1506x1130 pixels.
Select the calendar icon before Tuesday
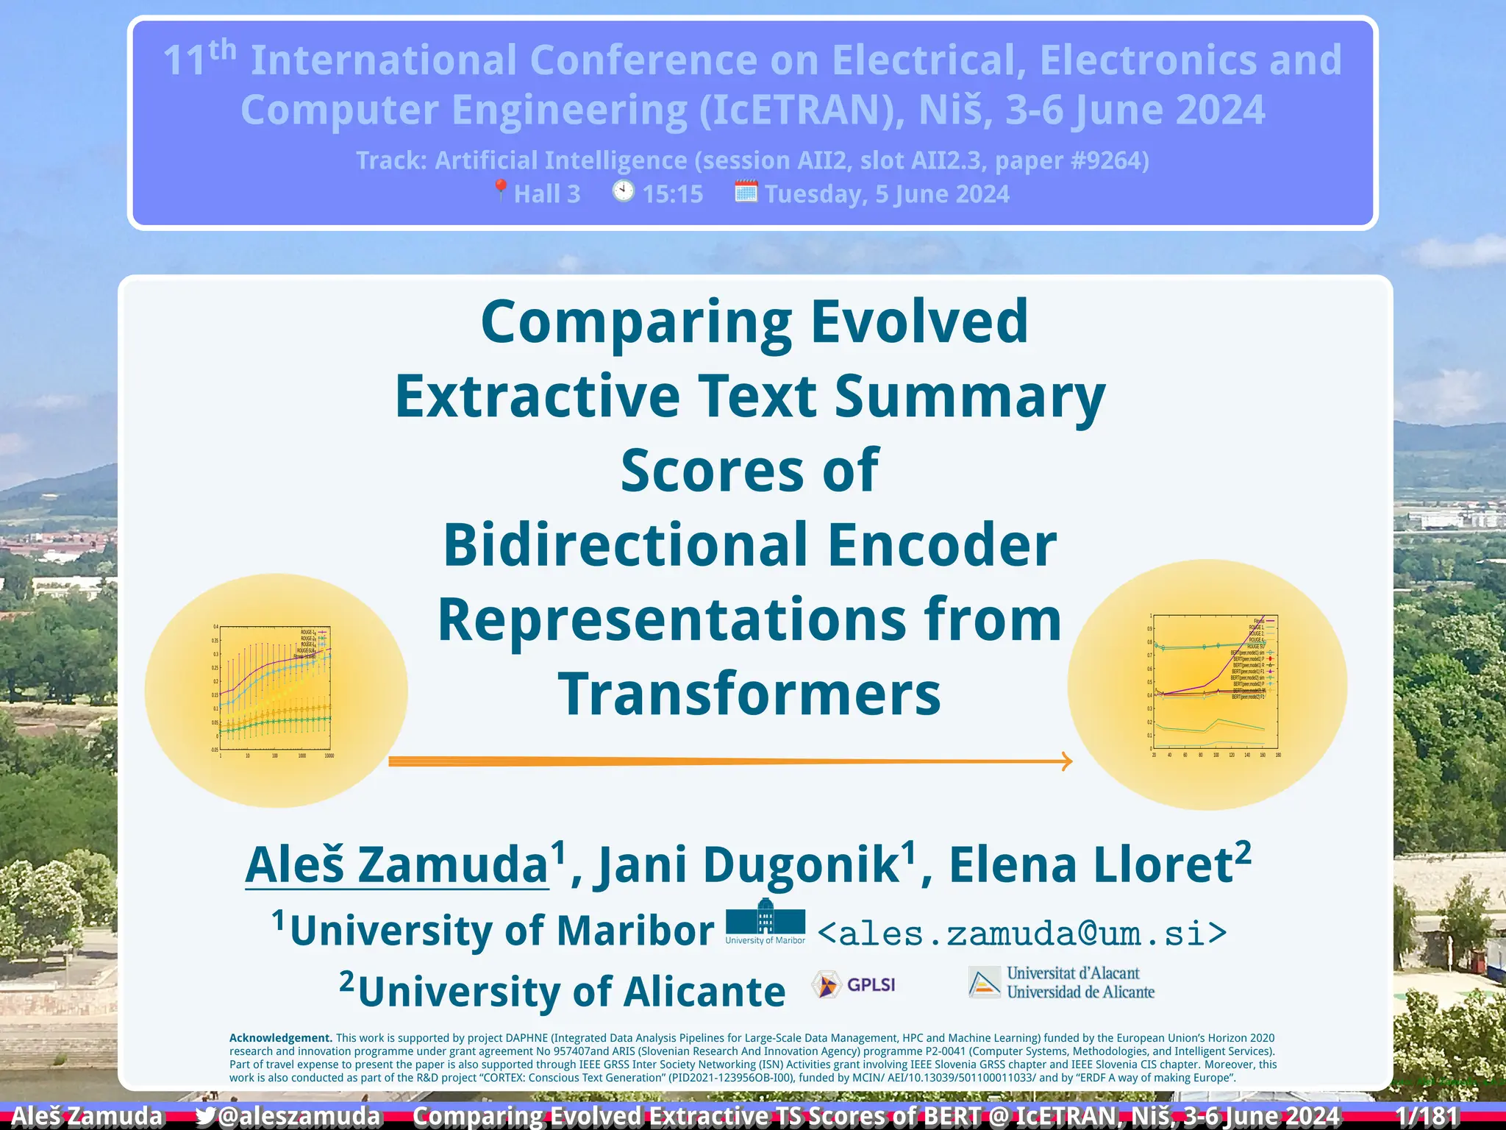(746, 192)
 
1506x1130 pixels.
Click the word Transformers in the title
(749, 694)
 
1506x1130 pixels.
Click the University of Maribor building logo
(765, 917)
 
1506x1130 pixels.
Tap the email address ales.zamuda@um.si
(1022, 934)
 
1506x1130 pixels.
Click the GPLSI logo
(853, 984)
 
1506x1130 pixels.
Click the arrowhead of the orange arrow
(1066, 761)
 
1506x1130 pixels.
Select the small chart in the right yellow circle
(1214, 682)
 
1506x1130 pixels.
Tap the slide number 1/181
(1427, 1116)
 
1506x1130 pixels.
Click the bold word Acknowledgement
(280, 1038)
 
